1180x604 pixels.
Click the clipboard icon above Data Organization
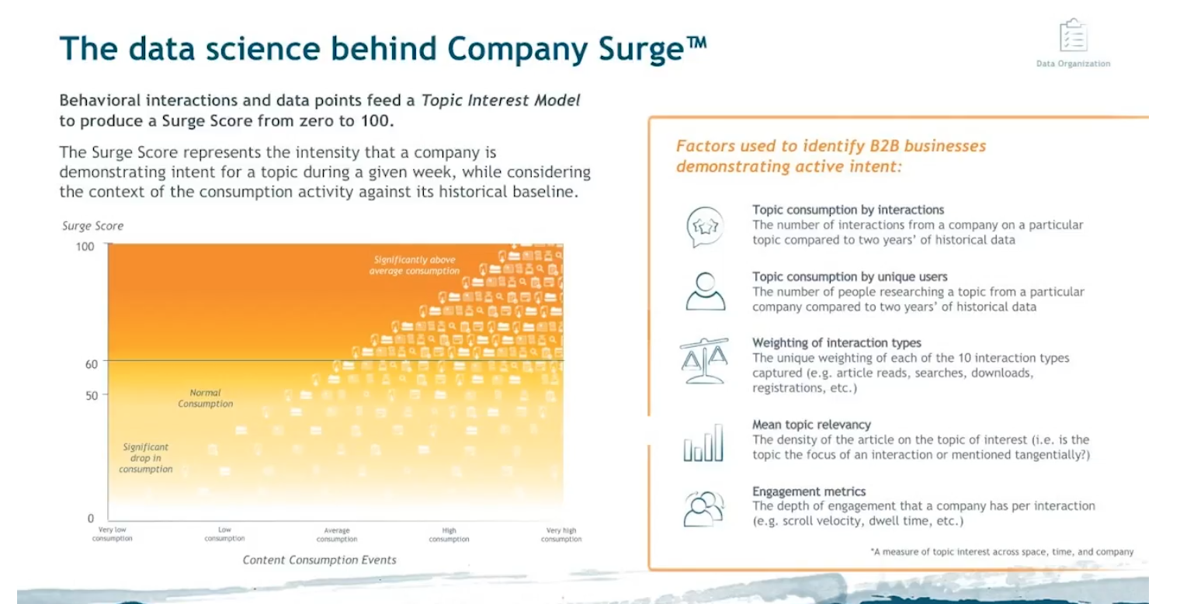tap(1073, 35)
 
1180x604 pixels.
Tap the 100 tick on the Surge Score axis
tap(85, 246)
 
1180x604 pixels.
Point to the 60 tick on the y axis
tap(91, 364)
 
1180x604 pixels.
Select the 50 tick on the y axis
tap(92, 395)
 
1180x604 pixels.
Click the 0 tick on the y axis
tap(91, 518)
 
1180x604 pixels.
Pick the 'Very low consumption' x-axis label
tap(113, 534)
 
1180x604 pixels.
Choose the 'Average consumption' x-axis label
tap(337, 534)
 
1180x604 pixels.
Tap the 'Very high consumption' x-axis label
tap(561, 534)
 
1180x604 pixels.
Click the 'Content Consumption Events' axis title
tap(319, 560)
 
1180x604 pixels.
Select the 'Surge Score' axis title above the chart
tap(92, 226)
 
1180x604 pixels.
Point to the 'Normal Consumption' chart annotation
tap(206, 398)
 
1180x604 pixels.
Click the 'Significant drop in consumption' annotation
tap(146, 457)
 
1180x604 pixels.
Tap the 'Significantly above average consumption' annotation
tap(415, 265)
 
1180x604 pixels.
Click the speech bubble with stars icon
tap(705, 227)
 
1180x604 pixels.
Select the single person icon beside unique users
tap(706, 291)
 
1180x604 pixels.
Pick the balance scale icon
tap(704, 361)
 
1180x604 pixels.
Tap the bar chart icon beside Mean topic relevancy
tap(703, 443)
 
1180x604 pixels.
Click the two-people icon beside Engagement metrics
tap(704, 509)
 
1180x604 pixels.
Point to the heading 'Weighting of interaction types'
tap(837, 343)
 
